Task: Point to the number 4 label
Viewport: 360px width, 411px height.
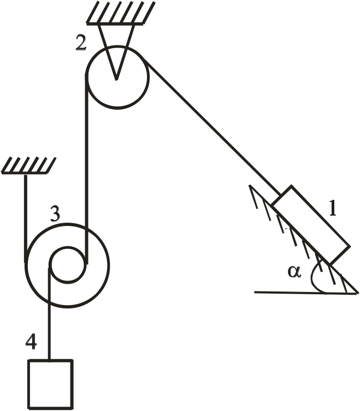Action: coord(32,342)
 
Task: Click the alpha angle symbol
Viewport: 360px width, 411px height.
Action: coord(295,271)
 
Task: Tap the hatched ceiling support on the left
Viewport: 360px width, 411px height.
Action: coord(29,166)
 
